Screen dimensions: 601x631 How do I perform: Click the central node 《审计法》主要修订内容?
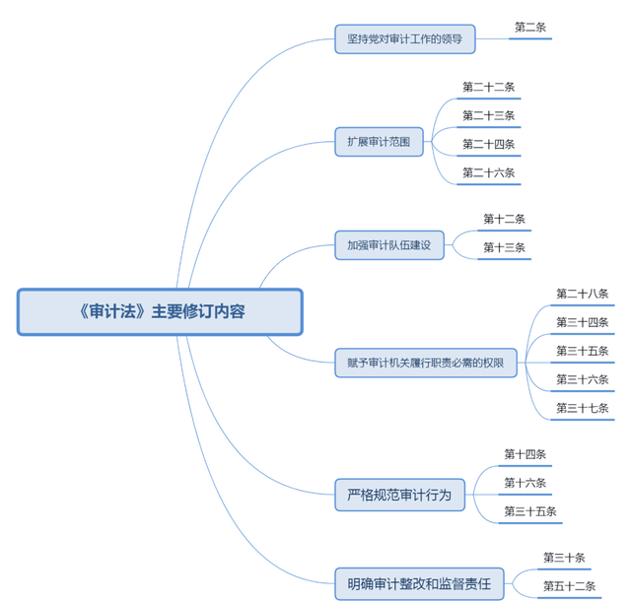click(x=160, y=311)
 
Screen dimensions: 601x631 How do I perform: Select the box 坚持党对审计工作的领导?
click(x=404, y=39)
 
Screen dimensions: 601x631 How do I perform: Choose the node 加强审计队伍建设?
click(x=389, y=244)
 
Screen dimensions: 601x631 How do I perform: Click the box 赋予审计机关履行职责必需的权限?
click(x=425, y=363)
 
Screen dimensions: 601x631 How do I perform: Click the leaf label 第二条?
click(x=530, y=28)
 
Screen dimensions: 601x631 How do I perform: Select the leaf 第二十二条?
click(x=488, y=87)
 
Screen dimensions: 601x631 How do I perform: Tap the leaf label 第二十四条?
click(x=488, y=144)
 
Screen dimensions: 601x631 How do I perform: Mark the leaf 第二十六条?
click(x=488, y=172)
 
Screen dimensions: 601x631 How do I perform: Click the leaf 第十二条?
click(x=504, y=219)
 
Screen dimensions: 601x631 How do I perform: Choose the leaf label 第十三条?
click(x=504, y=247)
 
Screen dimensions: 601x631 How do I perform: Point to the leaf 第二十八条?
click(x=582, y=294)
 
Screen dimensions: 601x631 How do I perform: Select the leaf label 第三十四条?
click(x=582, y=322)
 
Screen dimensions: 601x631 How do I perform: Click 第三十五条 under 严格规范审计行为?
click(x=530, y=511)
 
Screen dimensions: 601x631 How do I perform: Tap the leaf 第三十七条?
click(x=582, y=408)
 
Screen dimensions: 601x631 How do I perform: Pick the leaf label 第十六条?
click(x=525, y=483)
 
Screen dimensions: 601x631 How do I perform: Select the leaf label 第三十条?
click(x=564, y=558)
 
